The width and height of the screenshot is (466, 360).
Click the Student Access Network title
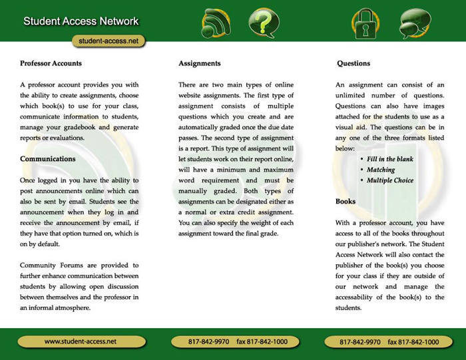pos(81,21)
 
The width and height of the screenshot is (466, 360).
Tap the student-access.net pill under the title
pos(108,41)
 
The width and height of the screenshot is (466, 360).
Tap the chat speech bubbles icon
pos(416,24)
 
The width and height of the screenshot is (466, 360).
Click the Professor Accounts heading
pos(51,64)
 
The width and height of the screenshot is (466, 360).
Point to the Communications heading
pos(48,160)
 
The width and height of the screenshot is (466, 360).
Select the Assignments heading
pos(199,64)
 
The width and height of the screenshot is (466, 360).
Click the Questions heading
pos(353,64)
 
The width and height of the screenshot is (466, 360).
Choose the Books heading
pos(346,201)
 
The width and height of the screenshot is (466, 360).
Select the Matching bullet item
pos(381,170)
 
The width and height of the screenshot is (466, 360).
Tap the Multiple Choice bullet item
pos(390,180)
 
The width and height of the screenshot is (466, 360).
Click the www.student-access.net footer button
pos(81,341)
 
